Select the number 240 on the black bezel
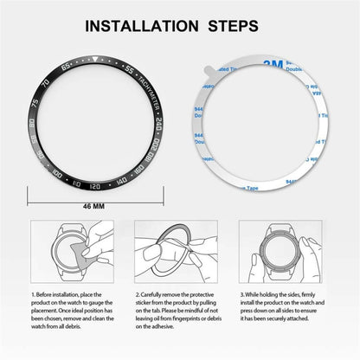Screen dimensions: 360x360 coord(161,131)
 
